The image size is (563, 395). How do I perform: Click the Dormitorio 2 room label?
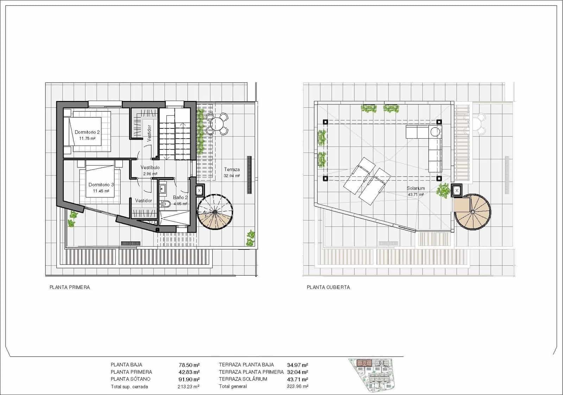[x=87, y=133]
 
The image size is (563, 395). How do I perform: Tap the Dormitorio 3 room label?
[x=101, y=185]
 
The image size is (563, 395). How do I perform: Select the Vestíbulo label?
[x=150, y=167]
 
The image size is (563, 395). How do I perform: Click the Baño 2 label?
[x=180, y=198]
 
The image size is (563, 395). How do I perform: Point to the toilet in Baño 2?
[x=166, y=204]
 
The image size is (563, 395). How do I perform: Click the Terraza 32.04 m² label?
[x=232, y=170]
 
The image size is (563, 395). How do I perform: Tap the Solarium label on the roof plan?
[x=416, y=189]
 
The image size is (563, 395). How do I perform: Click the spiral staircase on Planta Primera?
[x=215, y=212]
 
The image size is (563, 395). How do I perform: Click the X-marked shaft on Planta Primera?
[x=199, y=190]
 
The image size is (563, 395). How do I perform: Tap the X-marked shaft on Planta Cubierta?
[x=457, y=190]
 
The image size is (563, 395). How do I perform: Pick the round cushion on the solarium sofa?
[x=435, y=132]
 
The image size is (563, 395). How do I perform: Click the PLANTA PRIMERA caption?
[x=70, y=287]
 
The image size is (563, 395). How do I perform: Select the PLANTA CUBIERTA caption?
[x=328, y=287]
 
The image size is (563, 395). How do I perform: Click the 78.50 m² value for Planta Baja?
[x=189, y=365]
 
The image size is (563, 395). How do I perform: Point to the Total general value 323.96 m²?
[x=298, y=387]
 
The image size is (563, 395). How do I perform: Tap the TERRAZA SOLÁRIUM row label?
[x=243, y=379]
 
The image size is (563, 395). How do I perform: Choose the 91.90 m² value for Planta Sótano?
[x=189, y=379]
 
